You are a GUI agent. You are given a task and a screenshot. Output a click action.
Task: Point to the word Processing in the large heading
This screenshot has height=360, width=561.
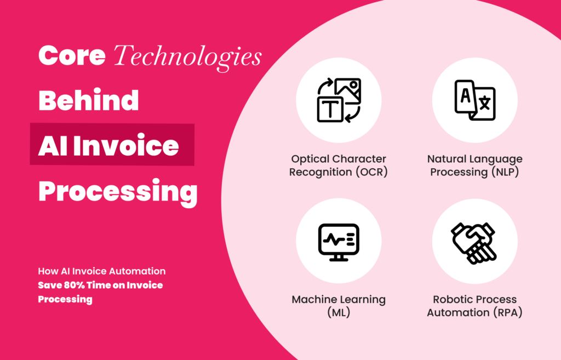coord(117,191)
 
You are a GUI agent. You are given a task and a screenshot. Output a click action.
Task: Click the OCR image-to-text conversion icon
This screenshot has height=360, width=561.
coord(339,100)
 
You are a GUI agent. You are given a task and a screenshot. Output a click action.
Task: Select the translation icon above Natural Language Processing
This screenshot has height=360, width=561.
coord(475,100)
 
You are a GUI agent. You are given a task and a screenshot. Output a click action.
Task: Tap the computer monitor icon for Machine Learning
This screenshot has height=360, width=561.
coord(339,241)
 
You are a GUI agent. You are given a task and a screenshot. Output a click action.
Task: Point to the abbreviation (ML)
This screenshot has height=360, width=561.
coord(339,312)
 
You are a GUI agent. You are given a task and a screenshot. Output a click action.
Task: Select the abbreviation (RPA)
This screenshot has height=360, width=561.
coord(505,312)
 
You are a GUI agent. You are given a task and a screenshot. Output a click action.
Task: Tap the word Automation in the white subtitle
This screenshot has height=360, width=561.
coord(136,271)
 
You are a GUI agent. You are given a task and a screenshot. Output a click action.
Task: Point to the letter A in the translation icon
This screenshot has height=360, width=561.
coord(465,95)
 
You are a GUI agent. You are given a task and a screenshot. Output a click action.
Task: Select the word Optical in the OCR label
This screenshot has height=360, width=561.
coord(310,159)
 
